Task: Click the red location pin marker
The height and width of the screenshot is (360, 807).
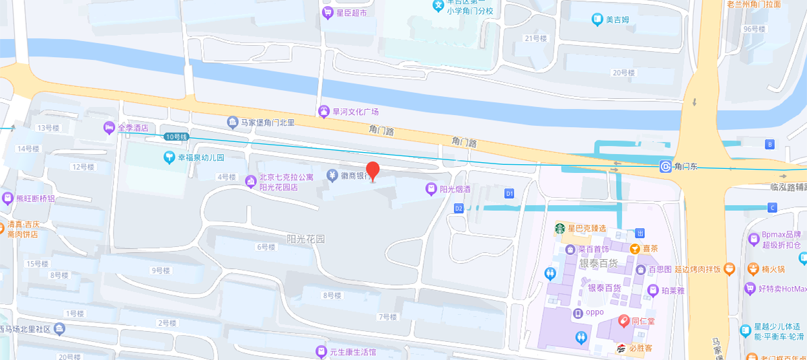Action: pos(373,171)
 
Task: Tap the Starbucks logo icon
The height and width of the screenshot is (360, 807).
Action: pos(559,228)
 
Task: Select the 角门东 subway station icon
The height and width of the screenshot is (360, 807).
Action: pos(665,166)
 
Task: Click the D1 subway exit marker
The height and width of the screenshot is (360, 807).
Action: pos(509,194)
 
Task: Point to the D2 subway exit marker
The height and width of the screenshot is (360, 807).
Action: pos(459,209)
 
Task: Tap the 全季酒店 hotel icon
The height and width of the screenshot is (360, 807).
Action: pos(108,128)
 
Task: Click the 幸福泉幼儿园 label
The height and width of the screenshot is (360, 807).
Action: pos(200,158)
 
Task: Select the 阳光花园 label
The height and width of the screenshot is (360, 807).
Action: pos(305,239)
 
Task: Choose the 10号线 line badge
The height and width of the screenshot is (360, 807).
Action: pos(176,137)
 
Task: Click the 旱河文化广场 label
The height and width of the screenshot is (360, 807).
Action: pos(356,112)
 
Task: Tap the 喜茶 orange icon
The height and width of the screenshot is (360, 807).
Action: pos(634,248)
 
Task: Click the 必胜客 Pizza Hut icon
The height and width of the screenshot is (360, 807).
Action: pos(622,349)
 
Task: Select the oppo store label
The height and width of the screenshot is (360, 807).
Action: pos(594,312)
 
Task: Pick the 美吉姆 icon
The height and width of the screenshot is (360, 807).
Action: pos(597,20)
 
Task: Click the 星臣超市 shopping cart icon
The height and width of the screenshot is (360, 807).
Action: pos(328,13)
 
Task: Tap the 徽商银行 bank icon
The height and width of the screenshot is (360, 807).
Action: pos(332,176)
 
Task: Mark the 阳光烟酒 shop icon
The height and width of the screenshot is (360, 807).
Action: pos(431,190)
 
